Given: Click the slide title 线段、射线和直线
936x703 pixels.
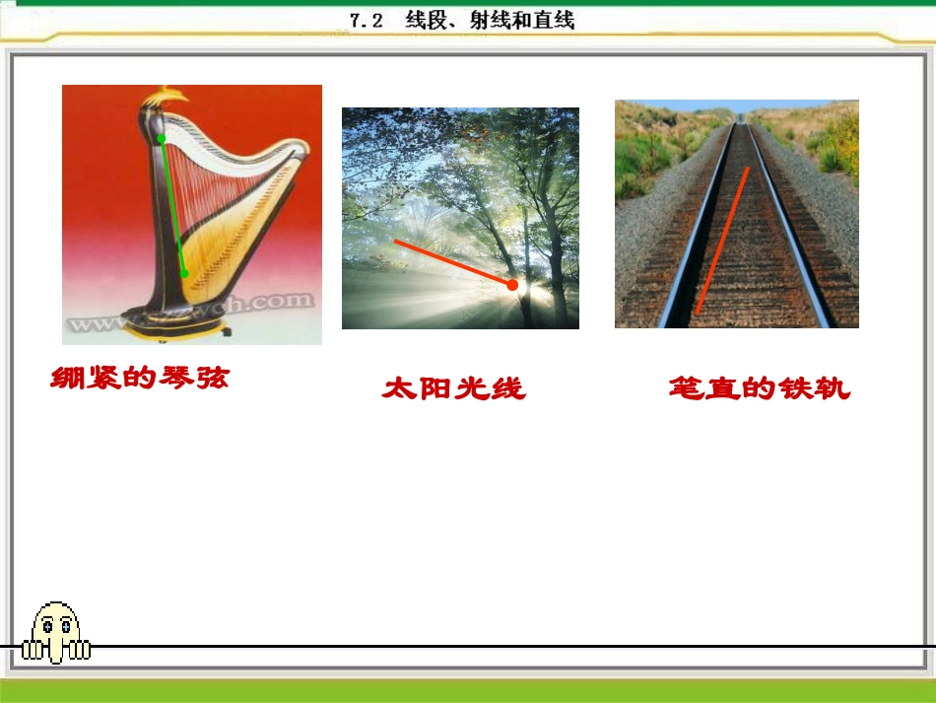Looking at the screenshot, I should [x=489, y=21].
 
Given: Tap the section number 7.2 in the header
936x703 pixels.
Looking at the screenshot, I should [x=366, y=21].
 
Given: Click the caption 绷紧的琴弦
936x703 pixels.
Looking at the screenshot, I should [x=139, y=377].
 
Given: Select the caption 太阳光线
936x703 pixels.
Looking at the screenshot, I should [x=453, y=388].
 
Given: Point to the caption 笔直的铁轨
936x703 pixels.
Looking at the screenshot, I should [x=758, y=388].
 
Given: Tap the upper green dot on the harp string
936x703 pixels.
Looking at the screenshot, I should [x=162, y=138].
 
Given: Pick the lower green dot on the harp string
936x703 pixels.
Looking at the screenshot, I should [x=184, y=274].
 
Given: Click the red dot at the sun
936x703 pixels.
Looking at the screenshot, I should [x=512, y=284].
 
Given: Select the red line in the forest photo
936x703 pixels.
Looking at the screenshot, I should [x=453, y=262].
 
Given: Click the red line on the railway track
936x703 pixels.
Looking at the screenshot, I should [x=722, y=241].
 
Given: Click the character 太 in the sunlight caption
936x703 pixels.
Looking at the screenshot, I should [x=400, y=388].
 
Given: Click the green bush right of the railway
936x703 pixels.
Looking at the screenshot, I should [x=839, y=148].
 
